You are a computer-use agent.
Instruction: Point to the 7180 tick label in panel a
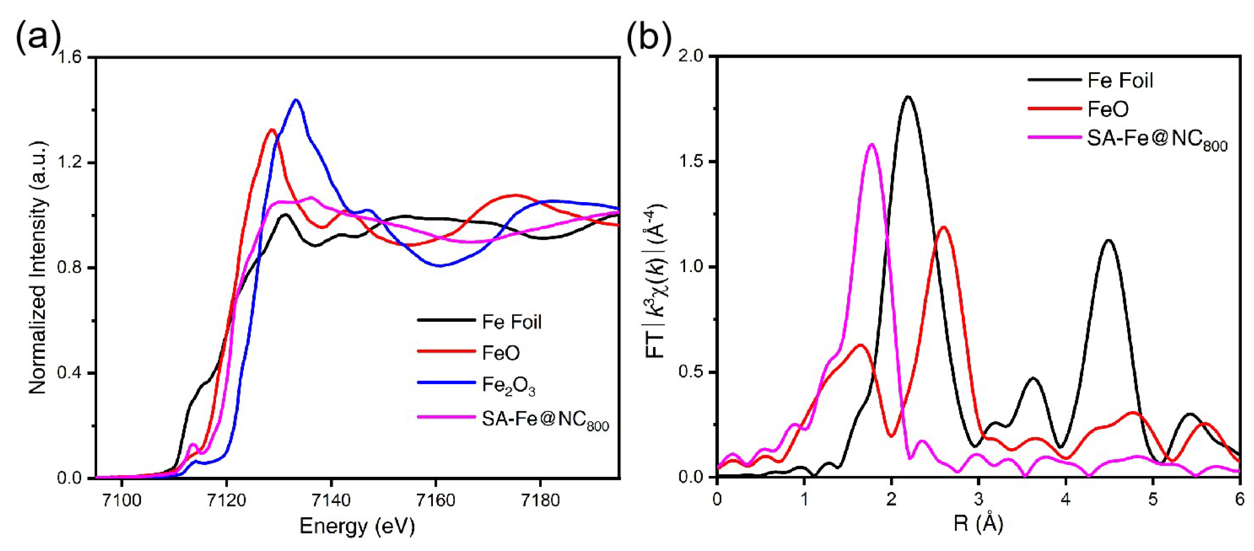pos(540,500)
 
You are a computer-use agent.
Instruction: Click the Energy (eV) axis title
pos(357,526)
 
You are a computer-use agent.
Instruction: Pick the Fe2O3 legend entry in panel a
pos(508,385)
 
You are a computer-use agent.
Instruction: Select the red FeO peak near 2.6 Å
pos(944,227)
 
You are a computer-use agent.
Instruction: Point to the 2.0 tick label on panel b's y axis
pos(691,57)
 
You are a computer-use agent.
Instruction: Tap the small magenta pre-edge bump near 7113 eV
pos(193,444)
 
